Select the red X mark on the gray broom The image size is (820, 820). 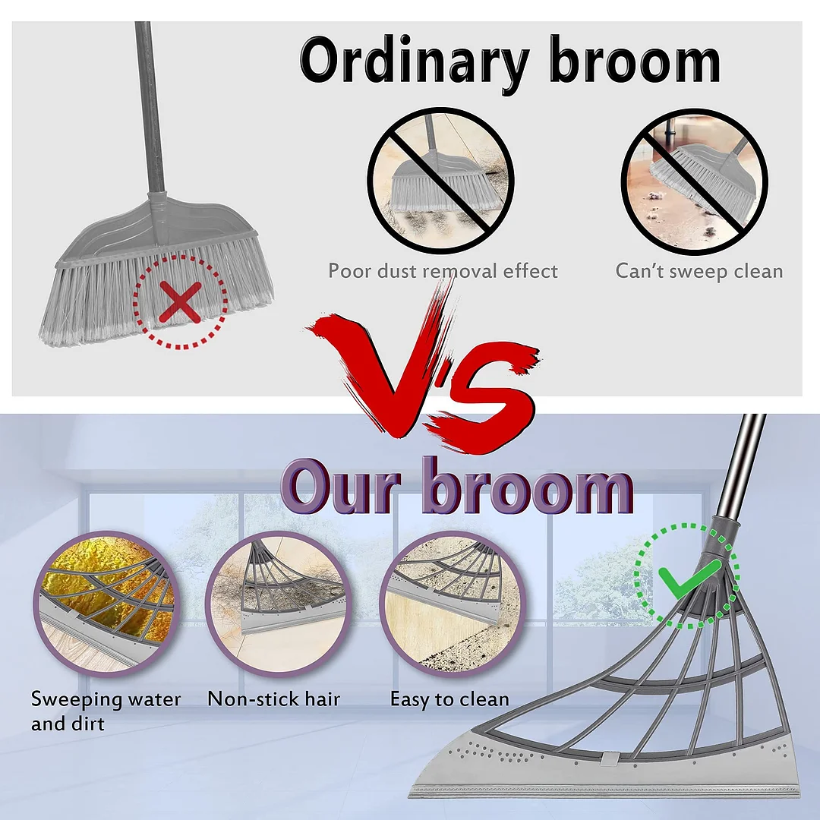(181, 301)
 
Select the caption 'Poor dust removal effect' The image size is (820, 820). (443, 271)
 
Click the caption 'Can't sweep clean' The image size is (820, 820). (699, 271)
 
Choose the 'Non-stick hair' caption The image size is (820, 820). (274, 699)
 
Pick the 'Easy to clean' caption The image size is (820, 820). (449, 699)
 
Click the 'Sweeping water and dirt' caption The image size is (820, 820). (106, 711)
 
